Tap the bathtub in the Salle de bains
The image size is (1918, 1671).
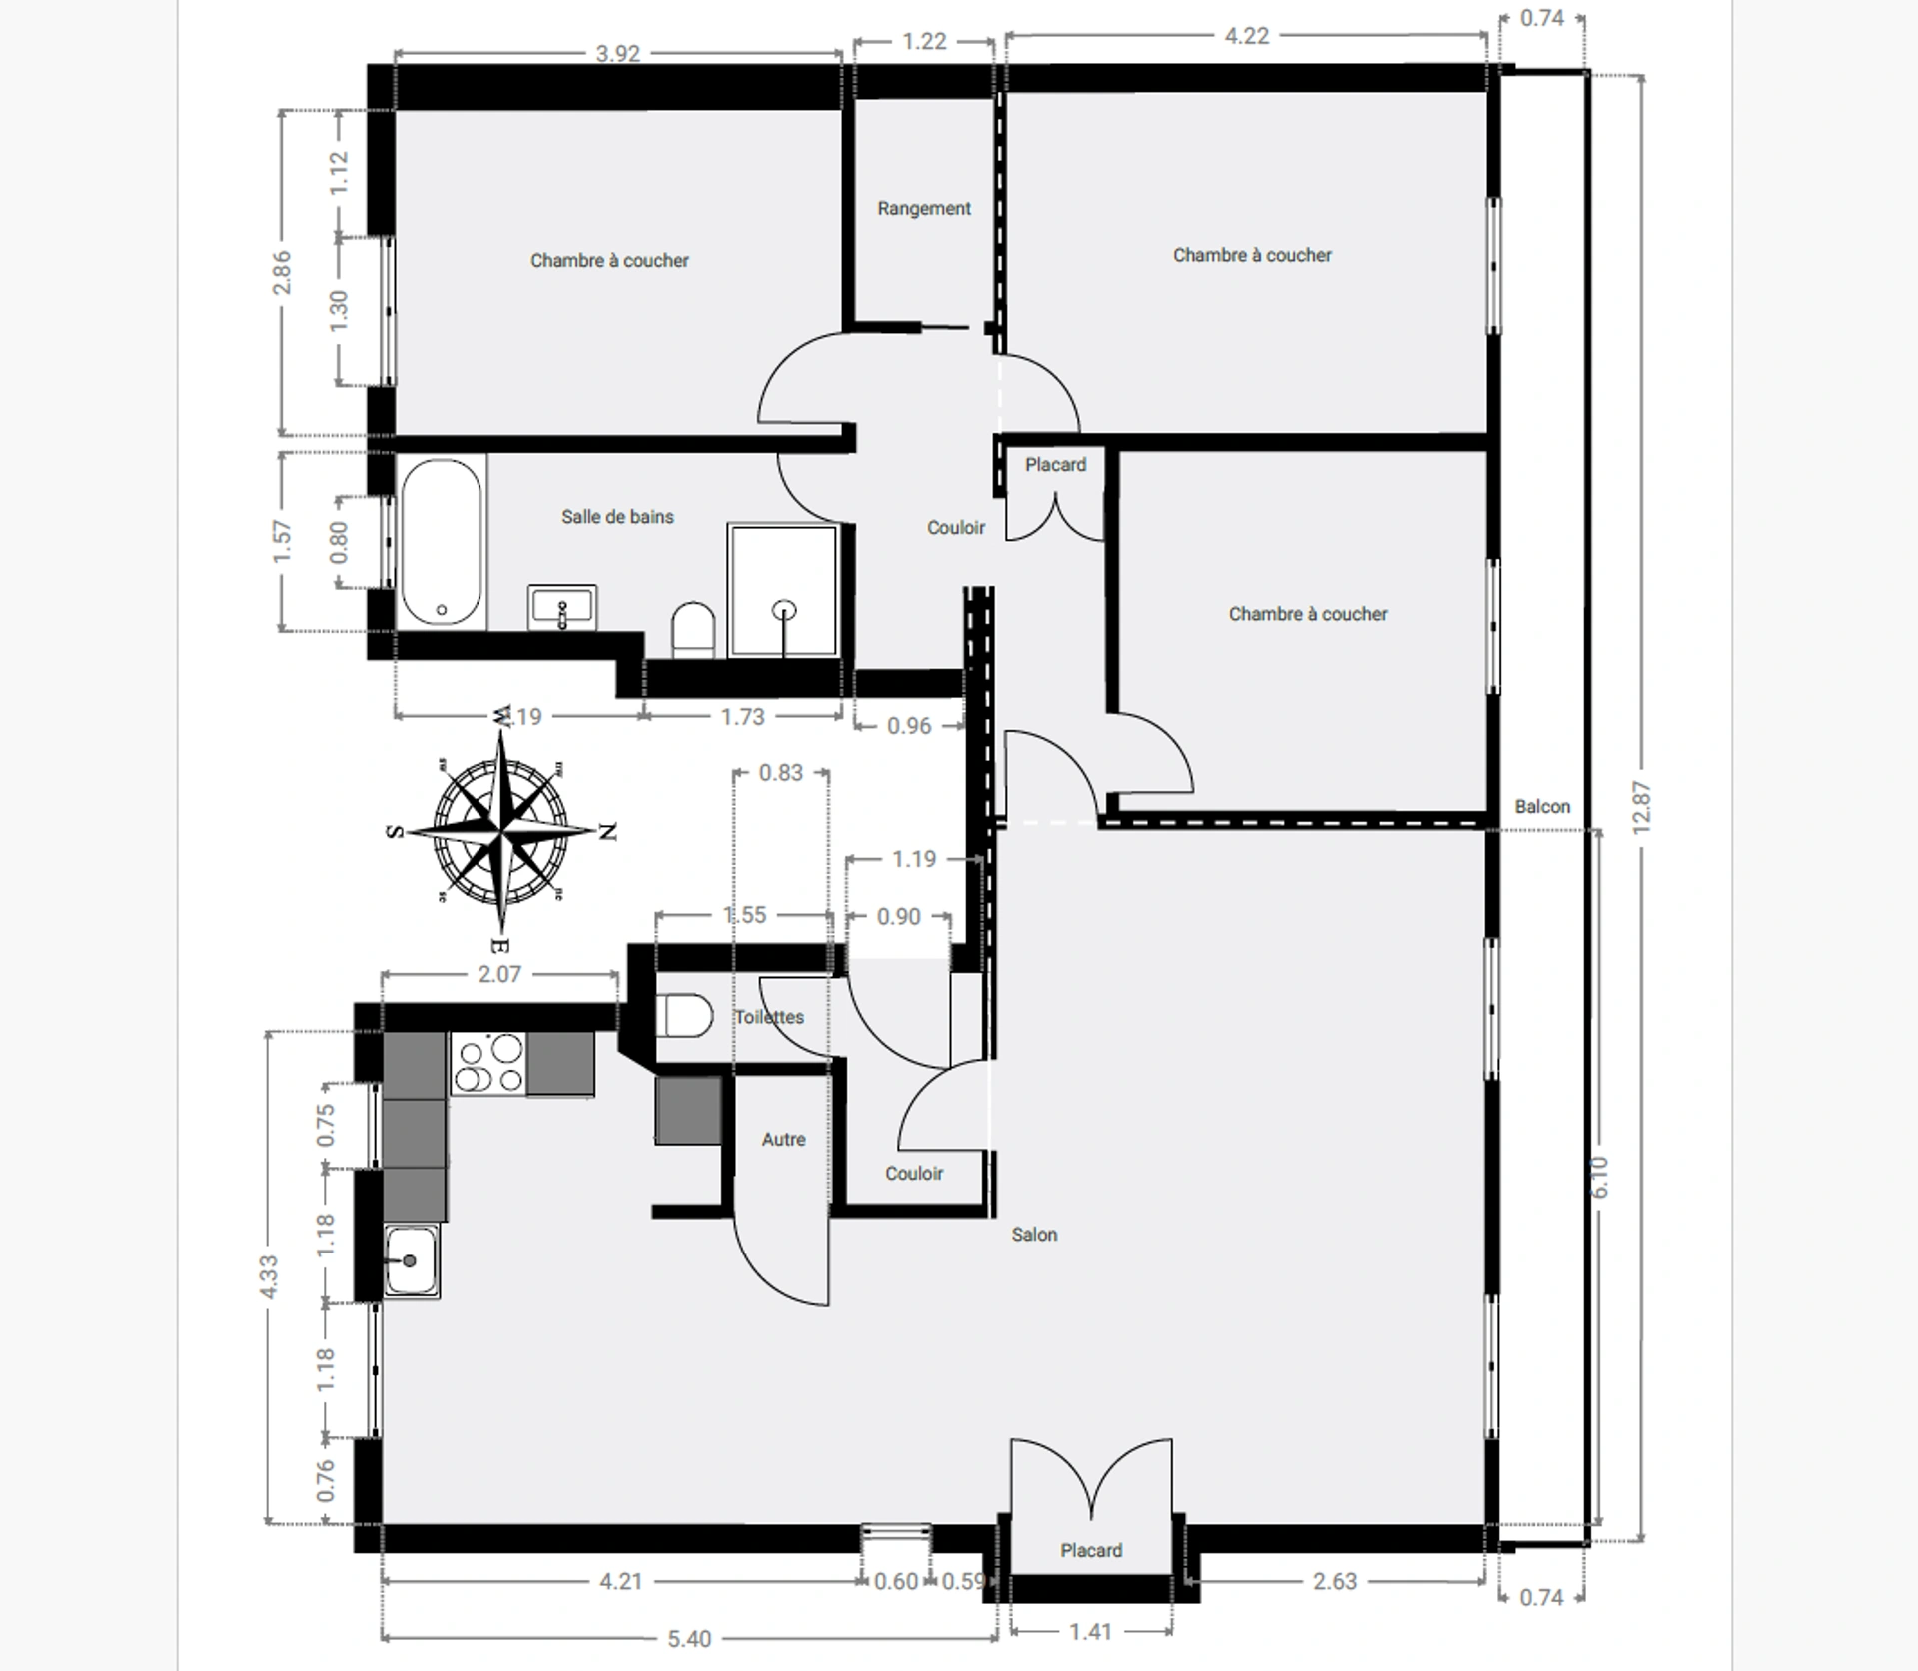(x=441, y=542)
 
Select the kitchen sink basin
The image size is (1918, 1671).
(x=411, y=1261)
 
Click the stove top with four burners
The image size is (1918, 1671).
(x=488, y=1063)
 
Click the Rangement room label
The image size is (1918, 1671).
(x=924, y=208)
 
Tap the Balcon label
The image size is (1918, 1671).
(x=1542, y=806)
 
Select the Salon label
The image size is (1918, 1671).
(x=1034, y=1235)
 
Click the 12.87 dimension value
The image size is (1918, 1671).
(x=1641, y=807)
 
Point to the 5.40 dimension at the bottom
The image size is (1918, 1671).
(x=689, y=1639)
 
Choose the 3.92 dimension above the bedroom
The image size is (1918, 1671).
(x=618, y=53)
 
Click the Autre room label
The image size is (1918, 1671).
(x=783, y=1139)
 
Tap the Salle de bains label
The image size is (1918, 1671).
(x=617, y=516)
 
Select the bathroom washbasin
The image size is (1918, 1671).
(x=562, y=607)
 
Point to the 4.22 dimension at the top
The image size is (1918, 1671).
(x=1247, y=36)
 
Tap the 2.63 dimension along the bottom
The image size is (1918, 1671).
(x=1335, y=1581)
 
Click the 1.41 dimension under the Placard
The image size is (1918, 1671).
(x=1090, y=1632)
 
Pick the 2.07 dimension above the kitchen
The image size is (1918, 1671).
(x=499, y=974)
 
